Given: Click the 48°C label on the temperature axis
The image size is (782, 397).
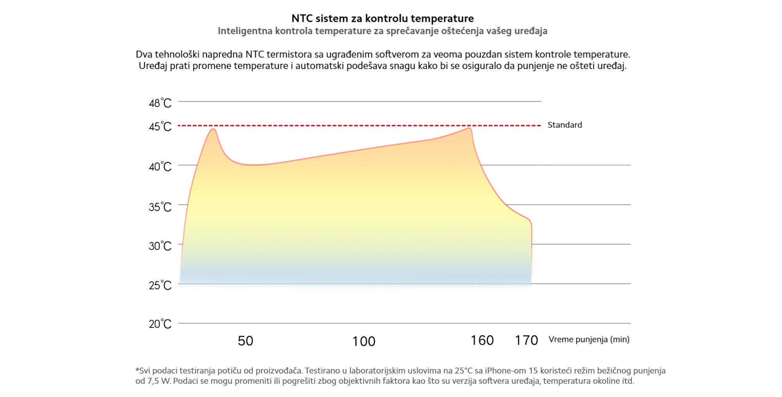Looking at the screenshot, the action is (160, 103).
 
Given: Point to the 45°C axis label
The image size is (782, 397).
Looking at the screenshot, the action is (160, 126).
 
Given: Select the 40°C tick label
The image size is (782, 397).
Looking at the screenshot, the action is (160, 166).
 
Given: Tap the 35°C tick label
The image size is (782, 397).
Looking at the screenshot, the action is (160, 207).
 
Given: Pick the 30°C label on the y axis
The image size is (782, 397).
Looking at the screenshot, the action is (160, 246).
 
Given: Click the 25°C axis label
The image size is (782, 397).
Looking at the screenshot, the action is (160, 285).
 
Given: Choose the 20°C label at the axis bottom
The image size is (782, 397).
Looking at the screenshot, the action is (160, 324).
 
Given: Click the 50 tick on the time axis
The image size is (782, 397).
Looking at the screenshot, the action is (246, 341).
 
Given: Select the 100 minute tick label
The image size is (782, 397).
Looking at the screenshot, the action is (364, 341).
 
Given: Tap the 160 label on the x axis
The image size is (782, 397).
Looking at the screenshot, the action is (482, 340).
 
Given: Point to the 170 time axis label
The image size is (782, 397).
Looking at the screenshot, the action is (526, 340).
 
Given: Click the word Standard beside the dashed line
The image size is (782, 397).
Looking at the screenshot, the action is (565, 125).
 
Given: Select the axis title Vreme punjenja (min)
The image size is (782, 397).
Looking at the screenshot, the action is (589, 339).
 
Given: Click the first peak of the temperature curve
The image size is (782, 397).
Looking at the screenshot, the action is (213, 129).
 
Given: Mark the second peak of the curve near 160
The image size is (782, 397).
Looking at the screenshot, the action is (469, 128).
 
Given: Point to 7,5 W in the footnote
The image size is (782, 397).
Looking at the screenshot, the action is (159, 381).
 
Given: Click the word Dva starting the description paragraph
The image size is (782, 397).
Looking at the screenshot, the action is (144, 54).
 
